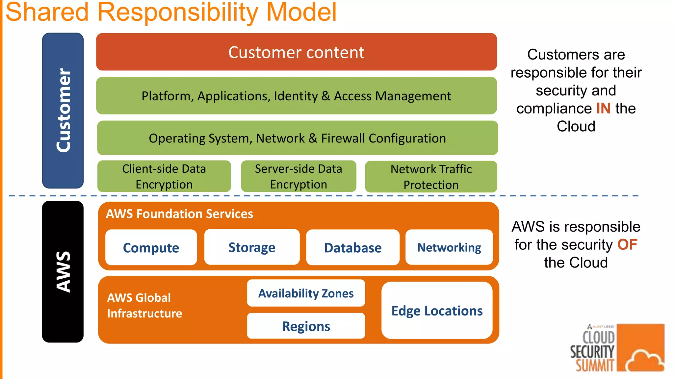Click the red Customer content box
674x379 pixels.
(296, 52)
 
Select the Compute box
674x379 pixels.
(151, 247)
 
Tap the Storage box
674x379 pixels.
(252, 247)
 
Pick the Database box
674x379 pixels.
(352, 247)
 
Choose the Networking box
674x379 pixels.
(449, 247)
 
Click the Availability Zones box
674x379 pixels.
(306, 293)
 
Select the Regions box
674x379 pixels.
(306, 326)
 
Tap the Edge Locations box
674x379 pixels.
(437, 311)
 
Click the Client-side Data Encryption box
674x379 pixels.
(164, 177)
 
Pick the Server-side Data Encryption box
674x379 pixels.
(298, 177)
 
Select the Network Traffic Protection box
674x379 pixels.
(431, 177)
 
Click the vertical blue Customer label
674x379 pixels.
(63, 111)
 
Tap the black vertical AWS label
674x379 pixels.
(63, 272)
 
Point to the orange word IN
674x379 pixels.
(603, 109)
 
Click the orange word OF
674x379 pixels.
(627, 245)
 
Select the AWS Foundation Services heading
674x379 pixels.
(179, 214)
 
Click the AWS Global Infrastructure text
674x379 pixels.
(144, 306)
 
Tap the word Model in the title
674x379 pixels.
(301, 13)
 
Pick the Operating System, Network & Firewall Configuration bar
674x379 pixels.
(297, 138)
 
